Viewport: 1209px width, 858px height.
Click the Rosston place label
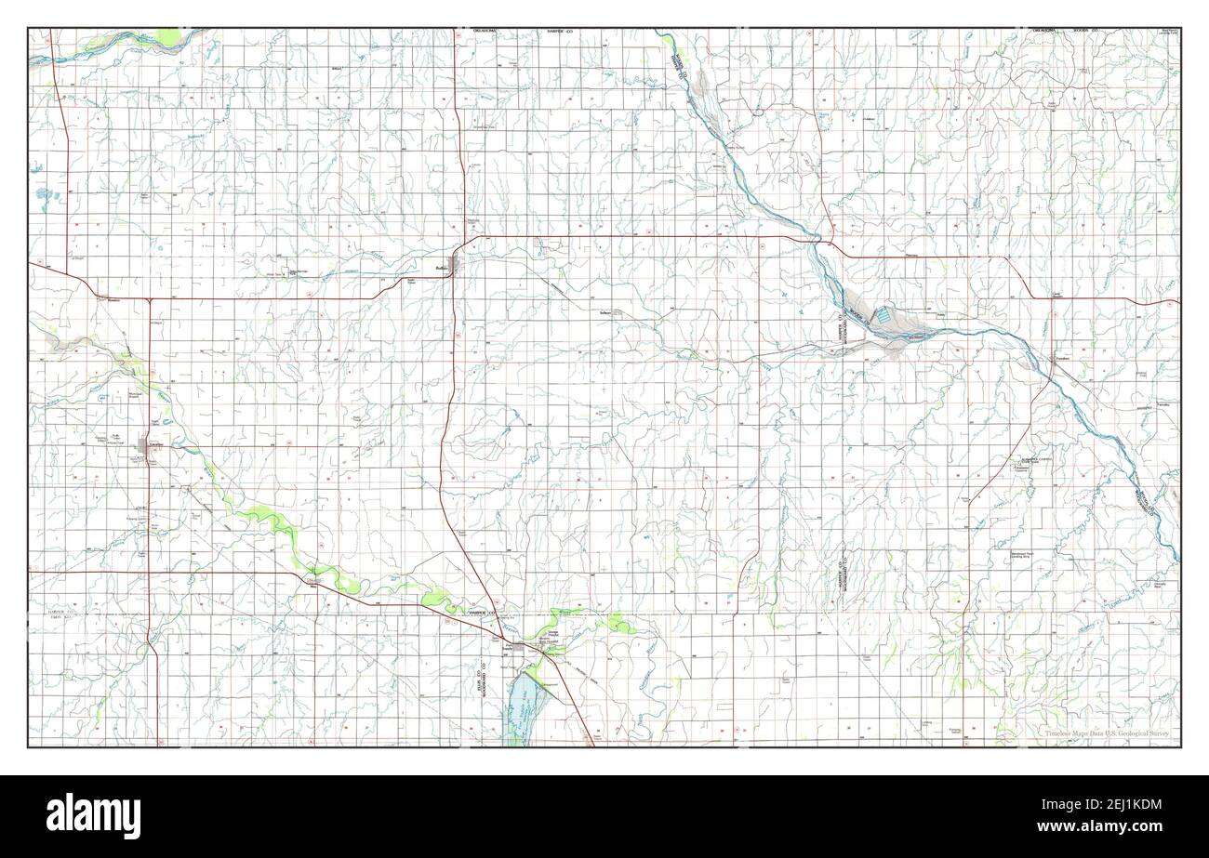114,300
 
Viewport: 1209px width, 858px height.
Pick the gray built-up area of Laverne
144,444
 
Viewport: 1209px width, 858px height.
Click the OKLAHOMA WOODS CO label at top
1064,31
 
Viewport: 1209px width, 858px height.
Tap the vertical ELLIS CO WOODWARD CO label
483,683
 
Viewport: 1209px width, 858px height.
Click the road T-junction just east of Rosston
149,299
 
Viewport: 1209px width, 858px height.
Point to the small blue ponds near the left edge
45,195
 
